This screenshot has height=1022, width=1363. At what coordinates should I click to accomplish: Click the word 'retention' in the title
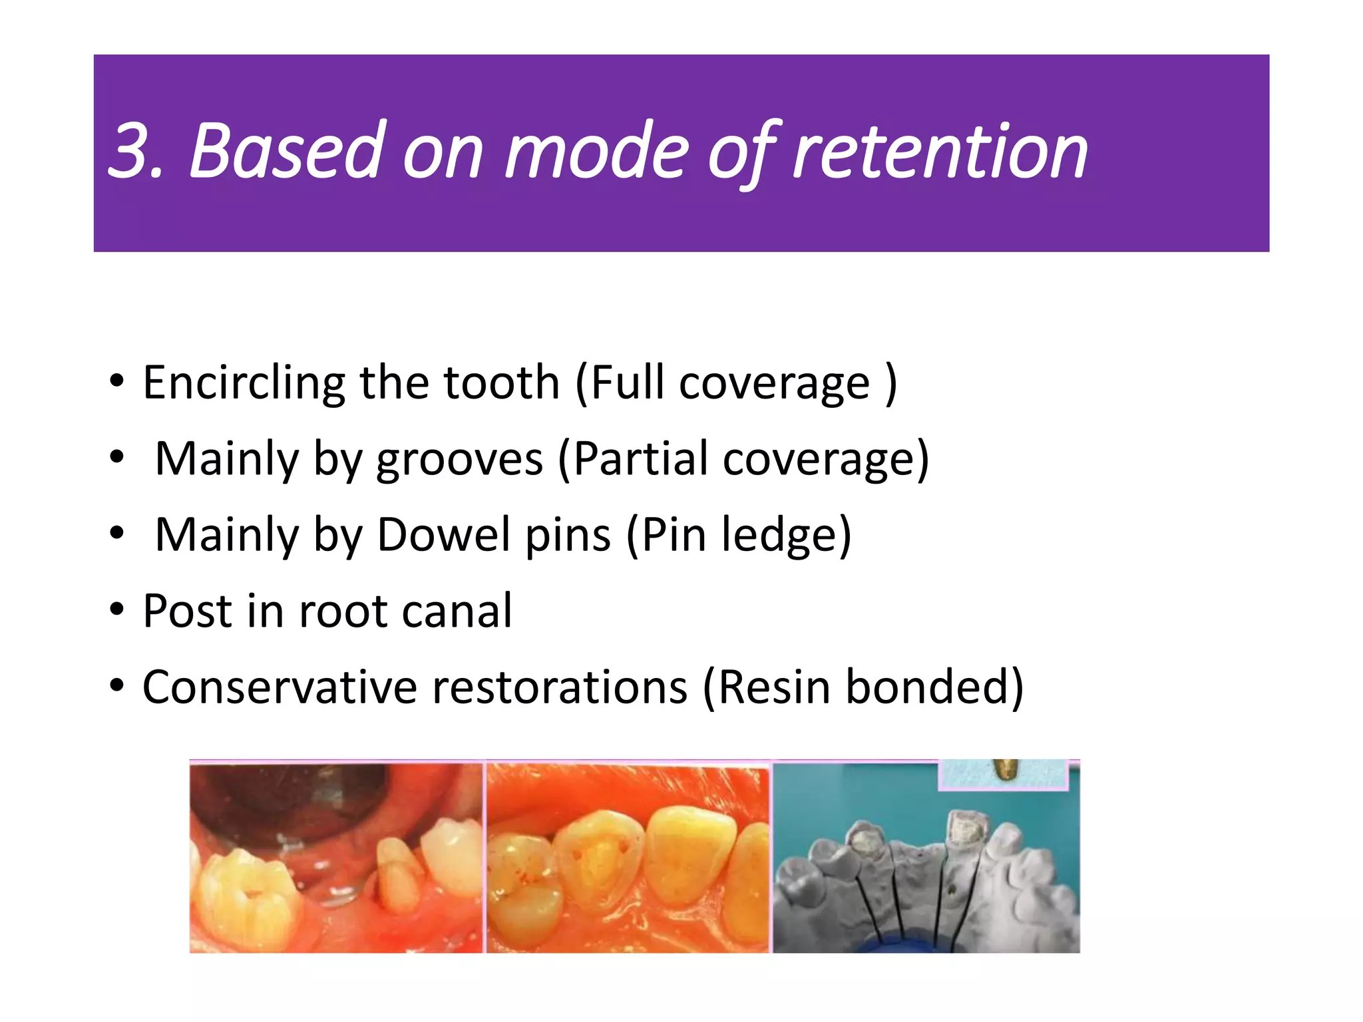(x=940, y=152)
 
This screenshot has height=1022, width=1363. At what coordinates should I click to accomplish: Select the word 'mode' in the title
(x=596, y=152)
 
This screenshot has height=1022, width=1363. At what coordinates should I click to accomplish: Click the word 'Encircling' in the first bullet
(x=243, y=384)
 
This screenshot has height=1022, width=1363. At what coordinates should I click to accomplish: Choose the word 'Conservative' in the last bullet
(x=280, y=687)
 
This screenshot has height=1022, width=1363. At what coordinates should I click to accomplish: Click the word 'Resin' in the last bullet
(x=773, y=687)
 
